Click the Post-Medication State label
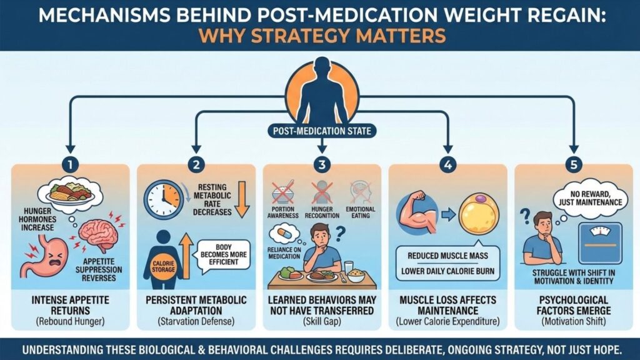point(321,131)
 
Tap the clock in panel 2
point(164,199)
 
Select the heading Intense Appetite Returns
point(71,305)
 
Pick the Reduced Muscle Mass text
point(447,256)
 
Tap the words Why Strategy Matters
point(320,35)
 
